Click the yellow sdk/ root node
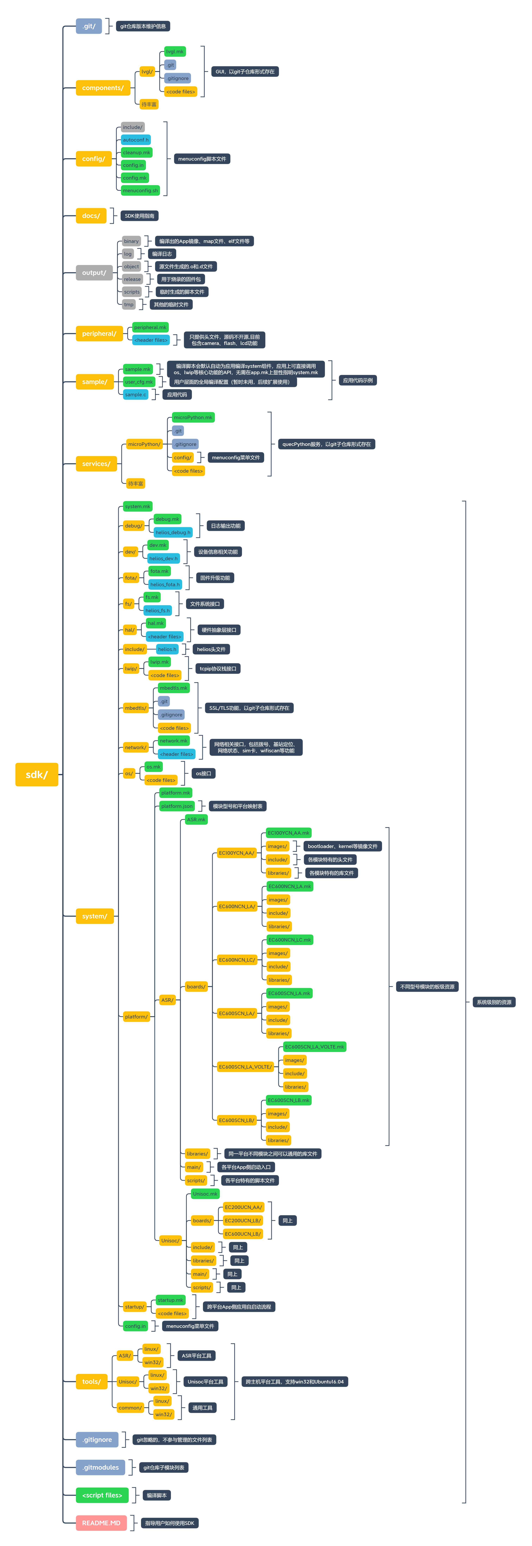coord(37,774)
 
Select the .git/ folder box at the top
coord(89,26)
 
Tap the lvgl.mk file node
coord(175,52)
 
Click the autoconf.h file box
coord(136,140)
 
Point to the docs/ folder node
coord(91,215)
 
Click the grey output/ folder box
coord(94,272)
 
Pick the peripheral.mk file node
coord(150,327)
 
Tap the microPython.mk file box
coord(193,417)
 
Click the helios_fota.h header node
coord(164,584)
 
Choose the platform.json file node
coord(177,806)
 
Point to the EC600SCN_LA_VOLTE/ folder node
coord(245,1066)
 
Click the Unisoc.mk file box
coord(205,1194)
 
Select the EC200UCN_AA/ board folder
coord(243,1207)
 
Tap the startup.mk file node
coord(170,1300)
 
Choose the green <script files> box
coord(102,1495)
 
